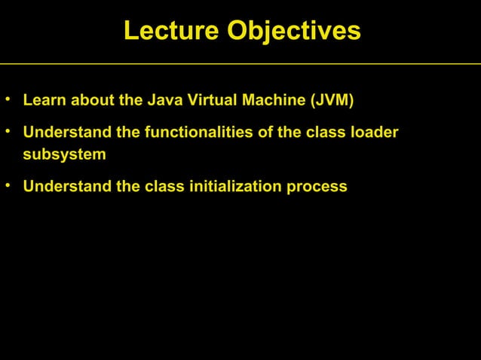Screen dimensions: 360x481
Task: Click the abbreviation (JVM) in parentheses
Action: [x=330, y=100]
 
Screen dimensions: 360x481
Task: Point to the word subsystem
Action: [x=64, y=155]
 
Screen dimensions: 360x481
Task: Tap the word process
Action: [x=319, y=187]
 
